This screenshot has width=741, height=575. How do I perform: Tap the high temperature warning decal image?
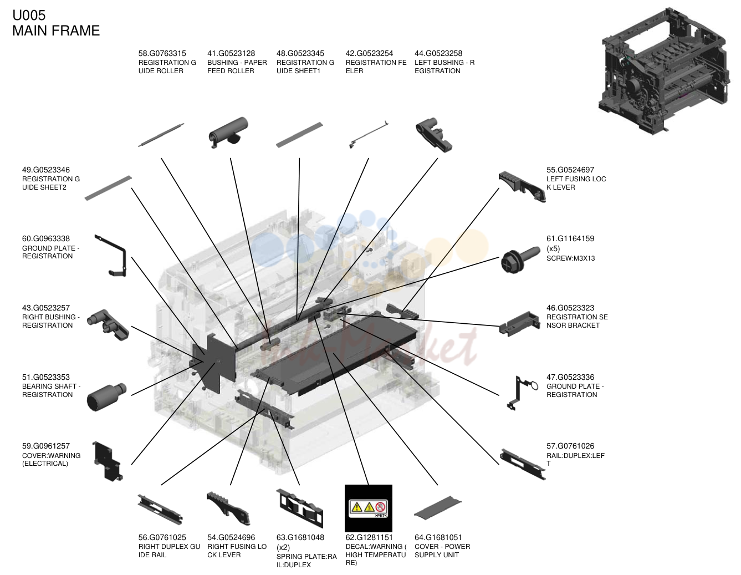point(369,508)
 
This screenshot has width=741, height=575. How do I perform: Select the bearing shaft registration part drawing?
point(106,396)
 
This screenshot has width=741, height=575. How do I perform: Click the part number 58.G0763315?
point(162,54)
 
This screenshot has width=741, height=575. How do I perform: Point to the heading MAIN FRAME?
point(56,30)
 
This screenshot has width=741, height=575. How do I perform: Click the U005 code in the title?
point(29,16)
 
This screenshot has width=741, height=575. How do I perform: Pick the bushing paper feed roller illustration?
point(228,133)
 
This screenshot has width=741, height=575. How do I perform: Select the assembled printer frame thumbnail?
point(665,70)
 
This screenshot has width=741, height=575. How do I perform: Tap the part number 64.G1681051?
point(438,537)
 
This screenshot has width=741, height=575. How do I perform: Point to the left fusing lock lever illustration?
point(522,186)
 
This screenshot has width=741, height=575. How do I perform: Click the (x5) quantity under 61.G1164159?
point(553,248)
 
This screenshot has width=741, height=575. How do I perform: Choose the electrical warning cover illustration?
point(108,461)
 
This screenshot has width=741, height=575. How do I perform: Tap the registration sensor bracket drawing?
point(520,323)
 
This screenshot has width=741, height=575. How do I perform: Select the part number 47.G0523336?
point(570,377)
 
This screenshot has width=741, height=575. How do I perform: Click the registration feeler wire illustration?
point(369,135)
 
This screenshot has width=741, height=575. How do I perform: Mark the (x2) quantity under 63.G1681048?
point(283,547)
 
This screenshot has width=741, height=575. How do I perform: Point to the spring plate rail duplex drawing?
point(299,508)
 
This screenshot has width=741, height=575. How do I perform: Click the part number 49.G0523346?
point(46,170)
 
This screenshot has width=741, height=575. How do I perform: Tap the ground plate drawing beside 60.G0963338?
point(112,255)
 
